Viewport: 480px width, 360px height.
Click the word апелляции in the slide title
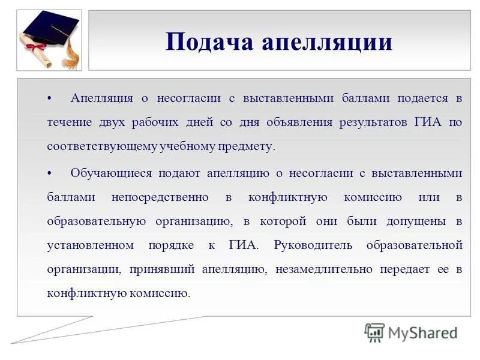pos(326,42)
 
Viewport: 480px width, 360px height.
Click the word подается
pos(422,98)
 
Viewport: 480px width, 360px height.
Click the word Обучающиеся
pos(111,173)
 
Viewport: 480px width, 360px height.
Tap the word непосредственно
pos(160,197)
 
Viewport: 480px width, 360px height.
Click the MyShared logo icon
pos(374,332)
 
